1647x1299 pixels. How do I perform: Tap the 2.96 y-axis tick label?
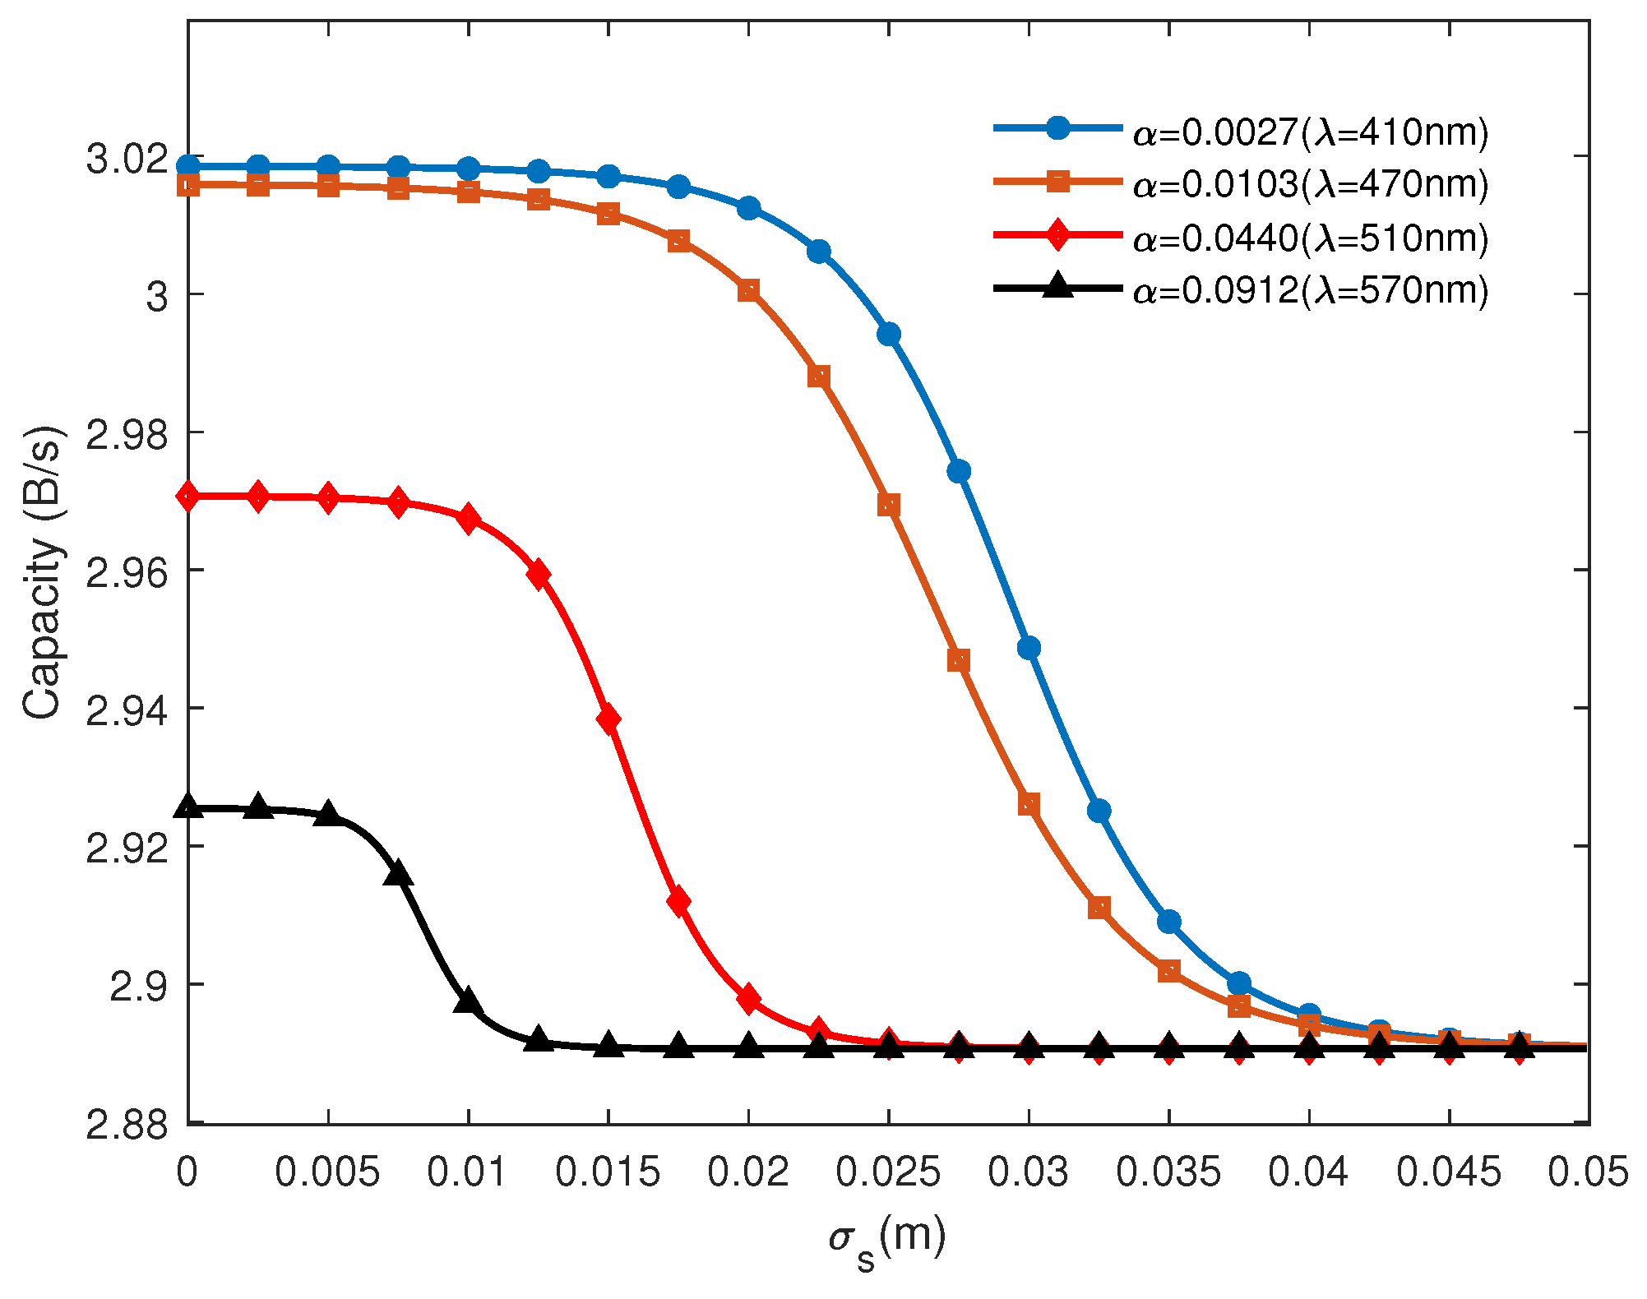coord(127,573)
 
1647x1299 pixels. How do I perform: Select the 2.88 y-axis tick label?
coord(127,1125)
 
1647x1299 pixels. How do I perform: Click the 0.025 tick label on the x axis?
coord(888,1172)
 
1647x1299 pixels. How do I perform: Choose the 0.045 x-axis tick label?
coord(1449,1172)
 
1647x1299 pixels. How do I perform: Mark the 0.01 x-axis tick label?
coord(468,1172)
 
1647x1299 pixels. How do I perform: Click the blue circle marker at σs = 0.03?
coord(1029,648)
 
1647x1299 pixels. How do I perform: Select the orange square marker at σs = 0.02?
coord(748,290)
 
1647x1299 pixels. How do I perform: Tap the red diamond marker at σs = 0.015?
coord(608,719)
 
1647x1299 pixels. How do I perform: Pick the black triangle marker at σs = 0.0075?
coord(398,875)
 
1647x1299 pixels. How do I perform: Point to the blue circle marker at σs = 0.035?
coord(1168,922)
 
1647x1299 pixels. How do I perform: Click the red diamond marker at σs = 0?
coord(188,496)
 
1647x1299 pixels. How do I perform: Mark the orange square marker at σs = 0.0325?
coord(1099,908)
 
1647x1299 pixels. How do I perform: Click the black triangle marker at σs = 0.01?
coord(468,1001)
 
